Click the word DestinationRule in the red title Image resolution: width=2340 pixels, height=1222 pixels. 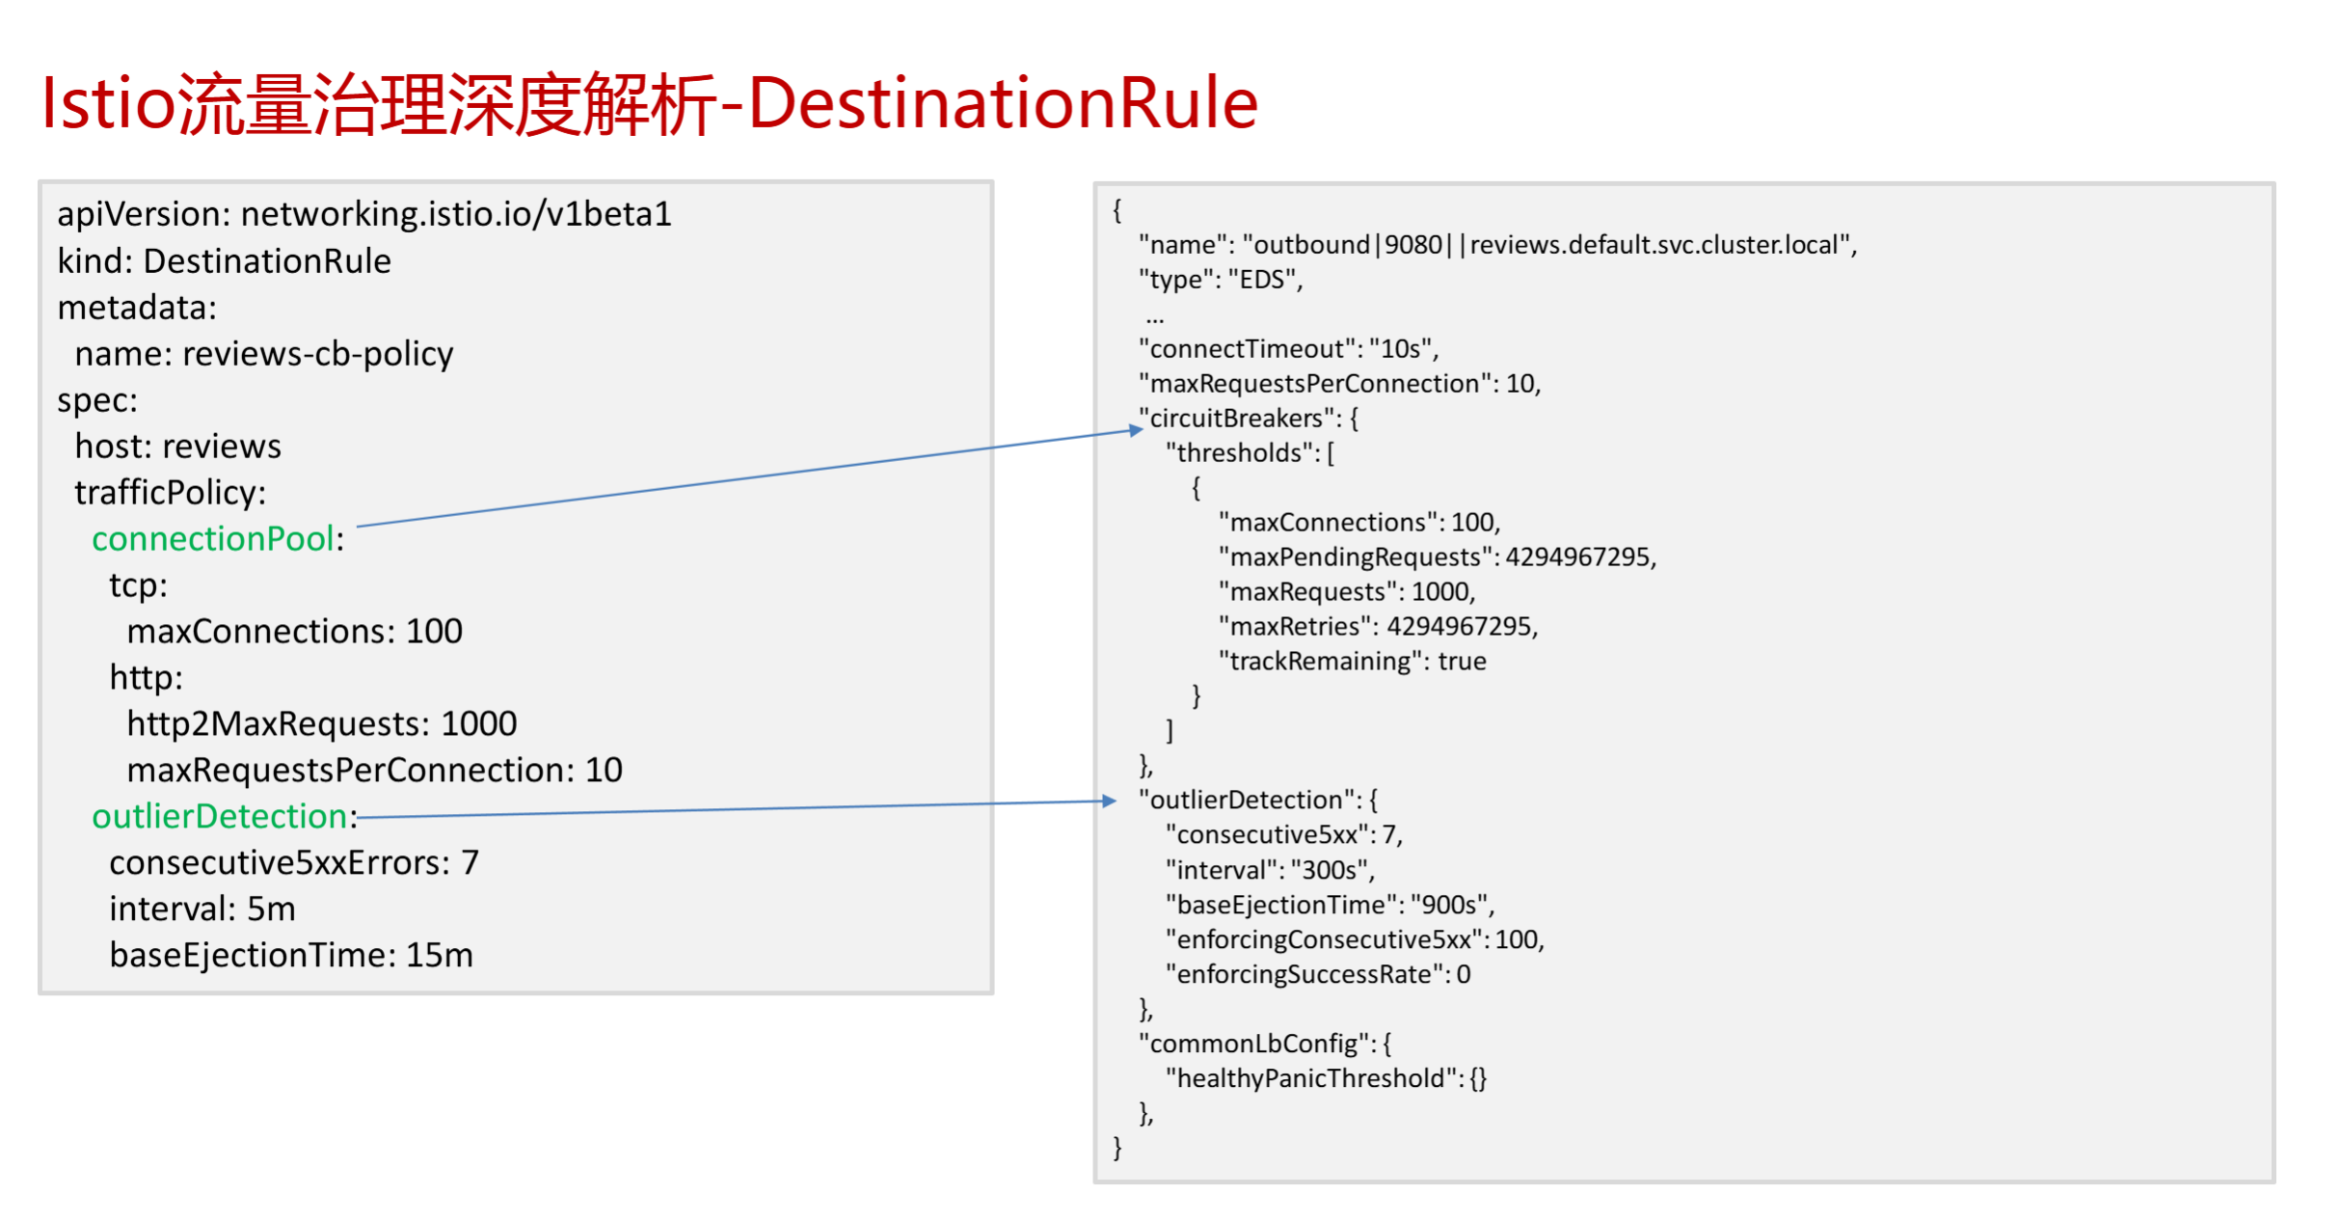1003,103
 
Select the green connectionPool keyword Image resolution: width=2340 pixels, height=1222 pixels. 213,539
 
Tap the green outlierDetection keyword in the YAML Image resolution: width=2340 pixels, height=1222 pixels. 220,817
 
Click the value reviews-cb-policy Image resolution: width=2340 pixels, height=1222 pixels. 318,354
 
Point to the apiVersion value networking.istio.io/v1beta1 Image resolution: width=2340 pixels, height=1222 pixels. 456,214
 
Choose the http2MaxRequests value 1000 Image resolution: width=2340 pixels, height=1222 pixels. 479,724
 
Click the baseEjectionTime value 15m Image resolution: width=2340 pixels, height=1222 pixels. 440,956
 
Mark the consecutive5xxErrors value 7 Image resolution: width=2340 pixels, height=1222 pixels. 470,863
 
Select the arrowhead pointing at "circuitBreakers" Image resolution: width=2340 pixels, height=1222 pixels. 1135,430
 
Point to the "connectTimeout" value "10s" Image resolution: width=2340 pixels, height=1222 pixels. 1400,349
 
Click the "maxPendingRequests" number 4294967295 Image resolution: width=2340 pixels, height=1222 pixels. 1577,557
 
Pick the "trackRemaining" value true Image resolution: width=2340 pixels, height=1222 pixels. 1462,662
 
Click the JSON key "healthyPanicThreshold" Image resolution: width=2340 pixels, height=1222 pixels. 1310,1078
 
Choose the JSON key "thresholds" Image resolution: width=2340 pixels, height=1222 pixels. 1239,453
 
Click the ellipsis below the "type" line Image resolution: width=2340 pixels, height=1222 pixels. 1155,317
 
